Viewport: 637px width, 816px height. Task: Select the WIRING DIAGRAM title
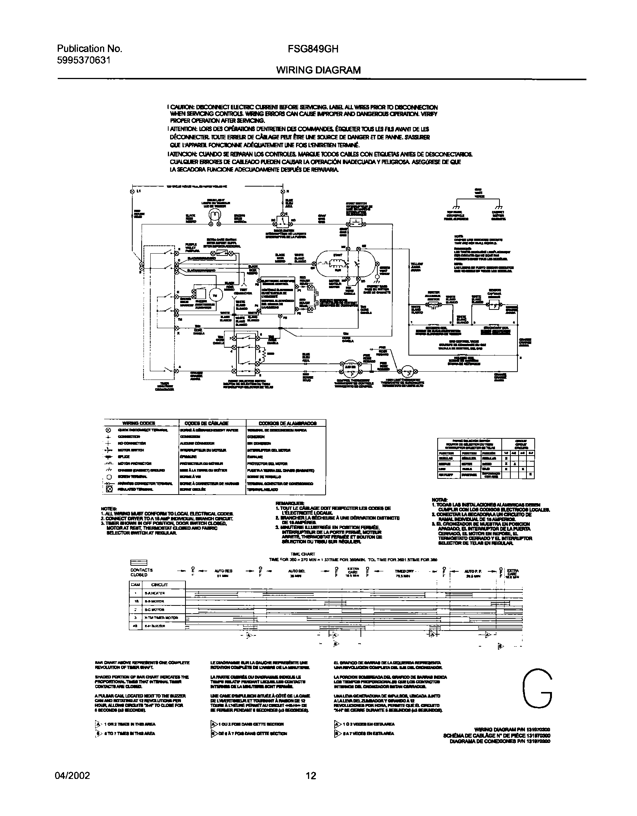coord(318,70)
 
